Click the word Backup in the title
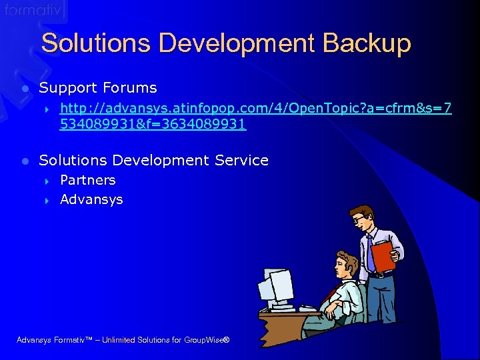point(367,44)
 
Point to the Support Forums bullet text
point(98,88)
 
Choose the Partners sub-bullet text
point(87,180)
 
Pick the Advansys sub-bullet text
point(91,199)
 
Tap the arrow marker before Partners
point(47,181)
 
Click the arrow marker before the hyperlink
point(47,109)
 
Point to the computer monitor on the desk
point(278,287)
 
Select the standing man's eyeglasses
point(360,219)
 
